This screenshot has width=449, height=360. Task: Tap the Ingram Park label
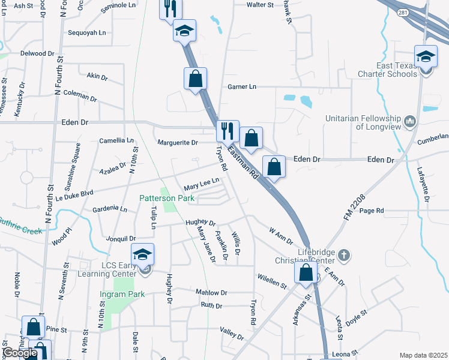coord(122,295)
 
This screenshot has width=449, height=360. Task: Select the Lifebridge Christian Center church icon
coord(343,255)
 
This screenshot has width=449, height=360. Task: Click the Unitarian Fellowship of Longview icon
coord(411,121)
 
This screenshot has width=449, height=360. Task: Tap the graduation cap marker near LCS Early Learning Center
coord(143,255)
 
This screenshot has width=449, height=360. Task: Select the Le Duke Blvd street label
coord(75,194)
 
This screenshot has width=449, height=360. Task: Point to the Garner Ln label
coord(242,87)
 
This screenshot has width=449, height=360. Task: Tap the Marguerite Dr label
coord(178,143)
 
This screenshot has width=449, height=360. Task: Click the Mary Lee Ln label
coord(201,182)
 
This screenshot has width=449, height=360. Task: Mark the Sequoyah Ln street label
coord(87,33)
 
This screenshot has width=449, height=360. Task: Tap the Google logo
coord(20,353)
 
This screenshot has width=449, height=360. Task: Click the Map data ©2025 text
coord(423,355)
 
